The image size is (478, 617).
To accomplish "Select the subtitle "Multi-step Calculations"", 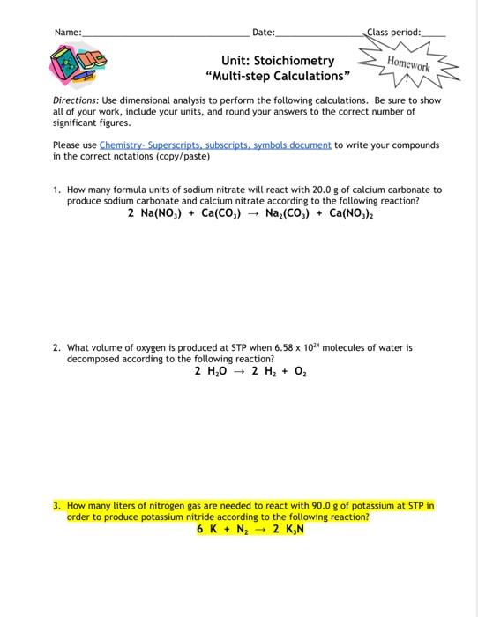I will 278,77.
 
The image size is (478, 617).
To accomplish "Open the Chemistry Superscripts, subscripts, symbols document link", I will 215,144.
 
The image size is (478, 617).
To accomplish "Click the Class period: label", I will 393,32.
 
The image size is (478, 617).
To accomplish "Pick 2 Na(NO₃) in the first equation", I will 156,213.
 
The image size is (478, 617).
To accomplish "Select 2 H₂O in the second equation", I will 210,371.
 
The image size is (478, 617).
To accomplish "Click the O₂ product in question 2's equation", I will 300,371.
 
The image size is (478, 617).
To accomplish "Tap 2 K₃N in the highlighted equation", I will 288,530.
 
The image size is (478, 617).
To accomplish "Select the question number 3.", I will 56,507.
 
